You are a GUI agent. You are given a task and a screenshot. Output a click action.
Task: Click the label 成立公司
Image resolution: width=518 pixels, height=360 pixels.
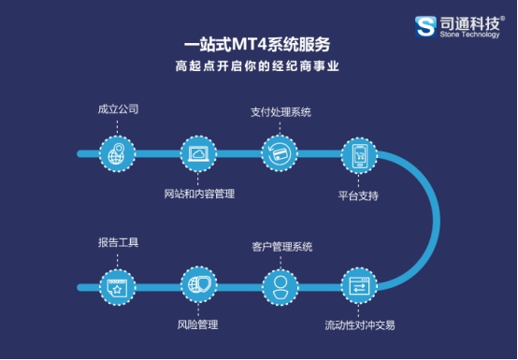click(x=118, y=109)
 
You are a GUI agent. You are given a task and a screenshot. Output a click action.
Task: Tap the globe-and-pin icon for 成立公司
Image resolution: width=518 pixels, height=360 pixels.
click(x=116, y=153)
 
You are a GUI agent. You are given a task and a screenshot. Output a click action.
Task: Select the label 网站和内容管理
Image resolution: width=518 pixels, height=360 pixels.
click(x=198, y=194)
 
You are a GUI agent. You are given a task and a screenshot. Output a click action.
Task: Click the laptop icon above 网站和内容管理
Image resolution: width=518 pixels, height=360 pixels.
click(x=197, y=153)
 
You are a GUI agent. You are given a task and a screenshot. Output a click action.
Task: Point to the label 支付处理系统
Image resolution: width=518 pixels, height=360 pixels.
click(x=281, y=112)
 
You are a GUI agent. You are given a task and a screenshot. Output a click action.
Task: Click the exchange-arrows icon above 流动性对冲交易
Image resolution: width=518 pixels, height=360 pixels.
click(x=358, y=285)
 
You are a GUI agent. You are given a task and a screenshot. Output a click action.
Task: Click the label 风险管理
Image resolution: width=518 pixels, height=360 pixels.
click(x=197, y=325)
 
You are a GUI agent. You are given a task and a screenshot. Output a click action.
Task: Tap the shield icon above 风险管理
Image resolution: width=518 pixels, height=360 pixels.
click(x=197, y=285)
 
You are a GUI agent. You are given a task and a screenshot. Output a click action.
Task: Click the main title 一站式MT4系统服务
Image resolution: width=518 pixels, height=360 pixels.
click(x=258, y=44)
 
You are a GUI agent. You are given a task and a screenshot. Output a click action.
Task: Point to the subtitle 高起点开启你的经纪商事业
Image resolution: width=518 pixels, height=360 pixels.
click(x=258, y=66)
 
